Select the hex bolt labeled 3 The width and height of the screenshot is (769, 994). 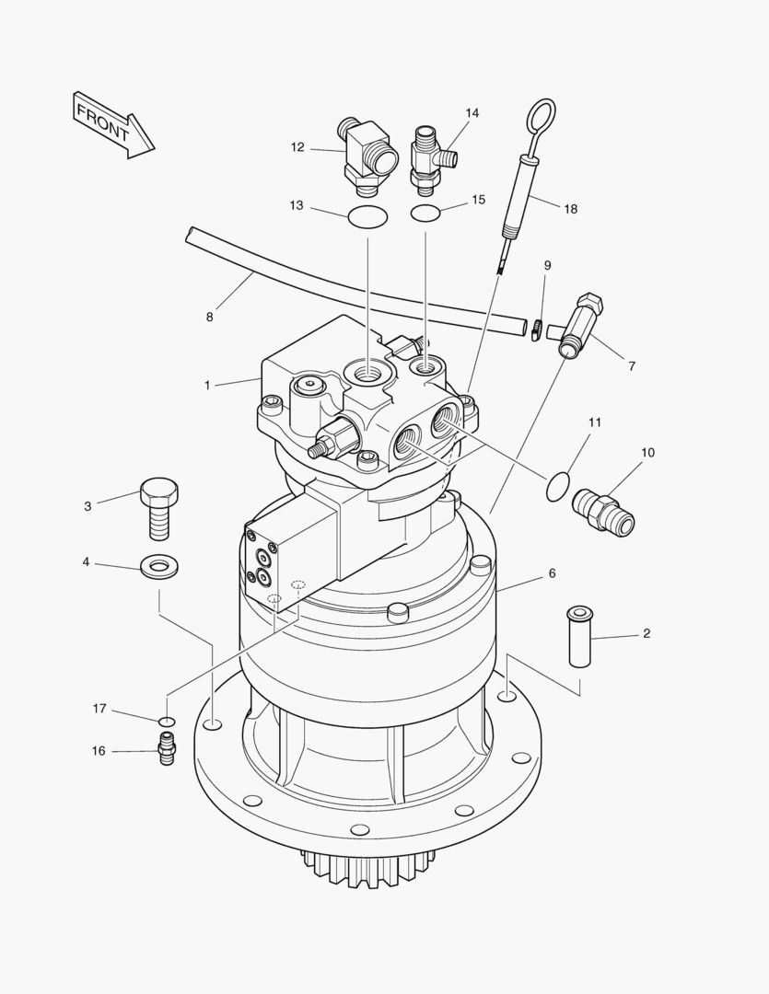pyautogui.click(x=158, y=508)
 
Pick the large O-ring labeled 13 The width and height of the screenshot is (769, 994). pyautogui.click(x=368, y=217)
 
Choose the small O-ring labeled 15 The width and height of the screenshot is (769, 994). pyautogui.click(x=425, y=214)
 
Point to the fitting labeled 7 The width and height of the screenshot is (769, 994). pyautogui.click(x=580, y=322)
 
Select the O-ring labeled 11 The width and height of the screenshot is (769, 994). pyautogui.click(x=557, y=486)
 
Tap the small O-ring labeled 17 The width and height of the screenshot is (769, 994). pyautogui.click(x=166, y=721)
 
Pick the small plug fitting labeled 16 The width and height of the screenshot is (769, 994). pyautogui.click(x=166, y=749)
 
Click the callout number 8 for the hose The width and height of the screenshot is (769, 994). pyautogui.click(x=210, y=317)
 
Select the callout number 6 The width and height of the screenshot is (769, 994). pyautogui.click(x=552, y=573)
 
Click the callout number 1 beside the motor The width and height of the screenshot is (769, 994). pyautogui.click(x=207, y=385)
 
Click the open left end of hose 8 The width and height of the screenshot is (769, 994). pyautogui.click(x=191, y=235)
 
